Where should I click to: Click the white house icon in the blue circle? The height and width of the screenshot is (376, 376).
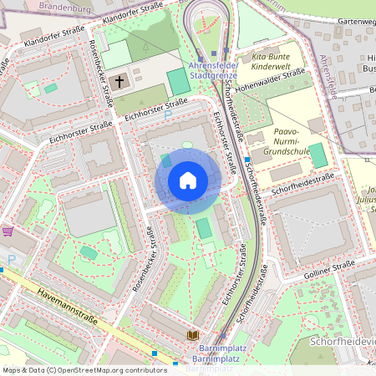click(188, 180)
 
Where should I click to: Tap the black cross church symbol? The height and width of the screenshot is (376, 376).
click(119, 81)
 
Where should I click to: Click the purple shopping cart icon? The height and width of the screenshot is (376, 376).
click(8, 231)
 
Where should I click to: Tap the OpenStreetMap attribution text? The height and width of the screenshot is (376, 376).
click(73, 369)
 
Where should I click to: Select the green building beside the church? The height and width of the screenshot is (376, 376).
click(178, 82)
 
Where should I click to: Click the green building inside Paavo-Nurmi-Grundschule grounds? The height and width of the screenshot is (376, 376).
click(318, 155)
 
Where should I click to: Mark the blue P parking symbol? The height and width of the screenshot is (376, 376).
click(11, 261)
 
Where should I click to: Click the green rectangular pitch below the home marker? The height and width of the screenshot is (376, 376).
click(204, 228)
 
